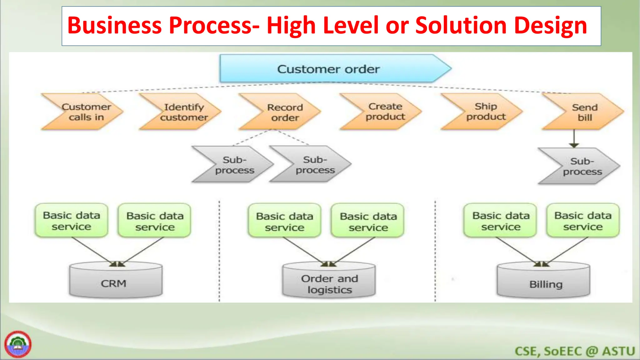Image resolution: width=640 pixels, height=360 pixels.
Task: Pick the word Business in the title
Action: (x=114, y=26)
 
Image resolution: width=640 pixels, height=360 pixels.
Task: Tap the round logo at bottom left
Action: (x=18, y=344)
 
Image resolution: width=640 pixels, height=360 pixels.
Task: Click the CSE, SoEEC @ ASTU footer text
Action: (x=574, y=351)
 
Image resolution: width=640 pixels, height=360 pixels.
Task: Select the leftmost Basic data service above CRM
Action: (x=72, y=221)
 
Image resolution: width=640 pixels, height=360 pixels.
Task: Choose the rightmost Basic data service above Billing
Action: (x=583, y=221)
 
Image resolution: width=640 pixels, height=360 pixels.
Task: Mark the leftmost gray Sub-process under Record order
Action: (x=233, y=165)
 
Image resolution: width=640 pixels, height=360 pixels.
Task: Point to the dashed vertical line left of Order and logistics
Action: (x=219, y=250)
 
